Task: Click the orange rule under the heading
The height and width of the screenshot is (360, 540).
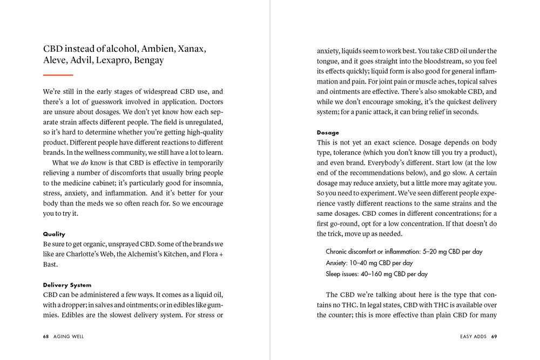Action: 58,74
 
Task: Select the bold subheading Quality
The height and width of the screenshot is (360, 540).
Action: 54,234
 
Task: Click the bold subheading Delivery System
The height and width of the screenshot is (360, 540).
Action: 67,285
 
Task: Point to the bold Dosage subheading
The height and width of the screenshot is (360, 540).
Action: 328,132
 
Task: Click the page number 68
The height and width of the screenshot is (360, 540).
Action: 46,336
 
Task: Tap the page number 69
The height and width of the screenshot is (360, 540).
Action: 494,336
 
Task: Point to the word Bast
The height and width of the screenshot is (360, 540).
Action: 51,264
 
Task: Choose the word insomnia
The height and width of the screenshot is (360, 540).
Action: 207,183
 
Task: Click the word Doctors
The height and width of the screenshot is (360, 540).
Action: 208,101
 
